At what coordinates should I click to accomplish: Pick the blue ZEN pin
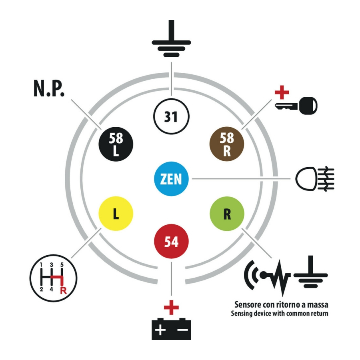[x=171, y=179]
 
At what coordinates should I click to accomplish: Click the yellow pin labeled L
[x=116, y=214]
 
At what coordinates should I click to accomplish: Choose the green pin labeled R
[x=227, y=214]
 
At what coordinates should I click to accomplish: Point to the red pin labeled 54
[x=171, y=242]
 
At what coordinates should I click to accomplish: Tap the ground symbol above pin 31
[x=171, y=40]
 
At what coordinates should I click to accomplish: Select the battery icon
[x=171, y=329]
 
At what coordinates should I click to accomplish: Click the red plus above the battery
[x=171, y=308]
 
